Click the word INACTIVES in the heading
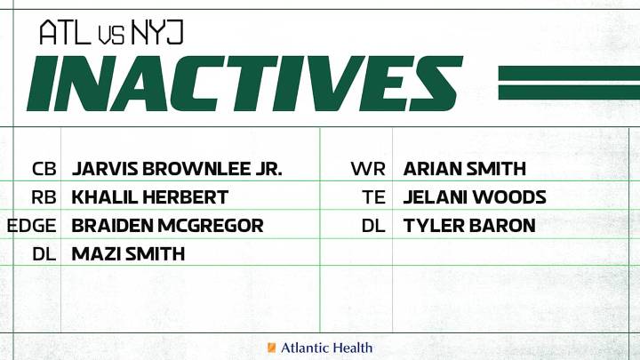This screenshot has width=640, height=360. [x=244, y=84]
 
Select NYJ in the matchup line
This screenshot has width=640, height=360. [x=157, y=33]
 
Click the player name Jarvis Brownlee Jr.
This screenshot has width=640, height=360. [x=177, y=169]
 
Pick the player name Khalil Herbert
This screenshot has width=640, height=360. [x=150, y=197]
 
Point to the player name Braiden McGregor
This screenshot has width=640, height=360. [x=167, y=226]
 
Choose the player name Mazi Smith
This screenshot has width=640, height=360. [x=128, y=254]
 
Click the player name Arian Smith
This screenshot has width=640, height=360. [x=465, y=169]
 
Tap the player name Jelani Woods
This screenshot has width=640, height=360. [x=475, y=197]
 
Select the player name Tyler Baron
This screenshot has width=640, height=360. [x=469, y=226]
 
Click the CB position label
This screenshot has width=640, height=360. [x=44, y=169]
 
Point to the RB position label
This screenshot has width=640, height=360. [x=44, y=197]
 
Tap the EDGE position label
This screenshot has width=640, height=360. [x=32, y=226]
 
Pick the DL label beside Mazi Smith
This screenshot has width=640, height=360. [x=44, y=254]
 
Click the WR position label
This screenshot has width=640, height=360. [x=369, y=169]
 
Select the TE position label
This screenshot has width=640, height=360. [x=374, y=197]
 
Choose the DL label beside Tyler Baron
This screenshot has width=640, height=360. [x=373, y=226]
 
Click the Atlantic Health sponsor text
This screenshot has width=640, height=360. [x=326, y=348]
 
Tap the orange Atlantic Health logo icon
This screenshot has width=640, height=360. [x=272, y=348]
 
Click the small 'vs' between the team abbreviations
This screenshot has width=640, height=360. [x=112, y=35]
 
